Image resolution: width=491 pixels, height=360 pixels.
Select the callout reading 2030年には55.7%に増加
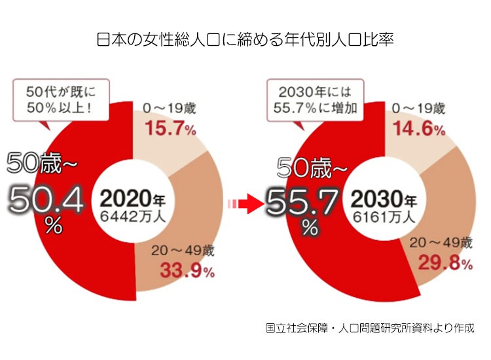pos(313,99)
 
